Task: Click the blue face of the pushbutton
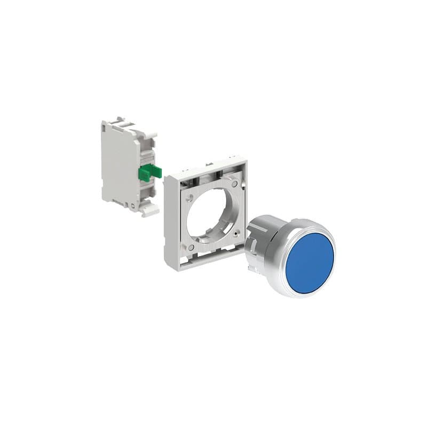[310, 257]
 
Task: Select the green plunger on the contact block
[149, 172]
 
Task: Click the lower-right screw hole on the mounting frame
[235, 233]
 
